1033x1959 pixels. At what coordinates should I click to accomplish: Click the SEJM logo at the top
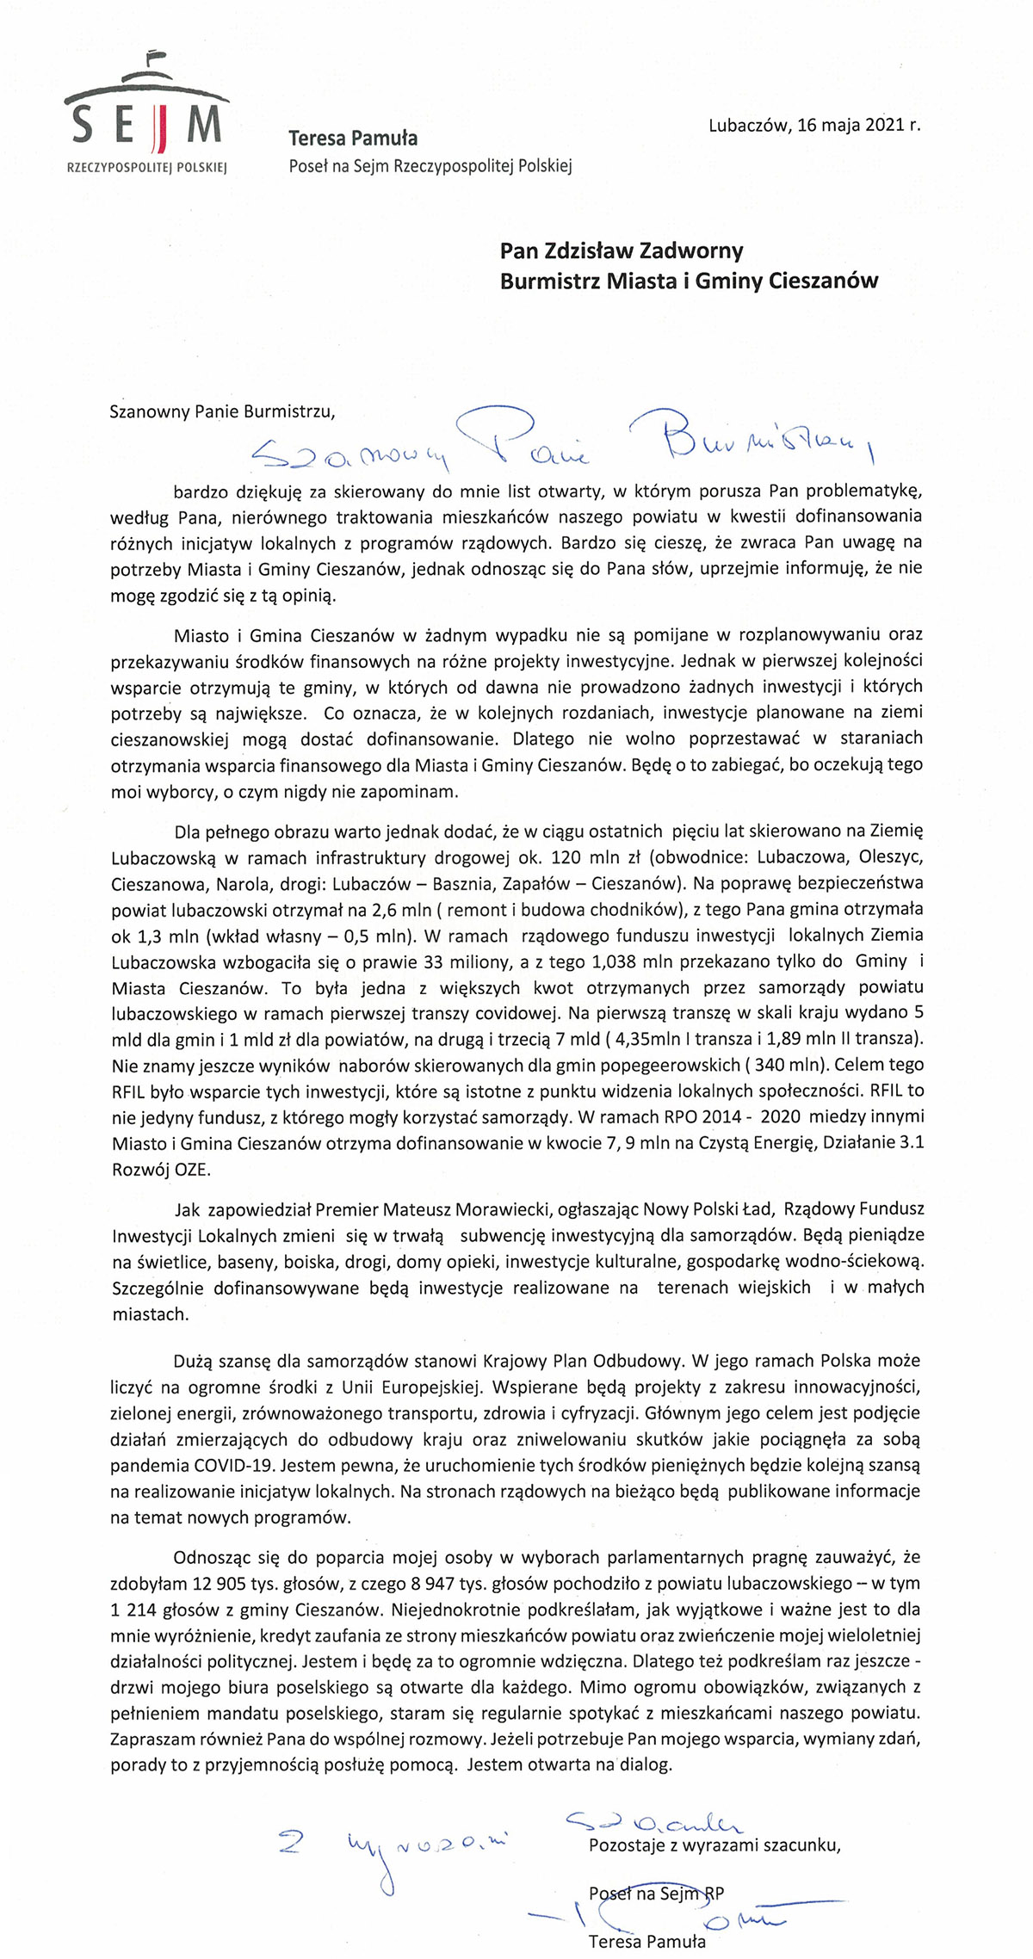(145, 115)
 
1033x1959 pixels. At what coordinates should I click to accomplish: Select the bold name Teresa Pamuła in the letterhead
(353, 138)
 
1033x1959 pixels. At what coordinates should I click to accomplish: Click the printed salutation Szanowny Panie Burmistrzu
(222, 411)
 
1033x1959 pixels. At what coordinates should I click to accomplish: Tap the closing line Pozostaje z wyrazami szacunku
(714, 1845)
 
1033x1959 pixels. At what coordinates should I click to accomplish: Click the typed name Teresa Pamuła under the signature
(646, 1941)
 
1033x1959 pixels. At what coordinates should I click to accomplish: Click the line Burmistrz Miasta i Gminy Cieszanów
(689, 281)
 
